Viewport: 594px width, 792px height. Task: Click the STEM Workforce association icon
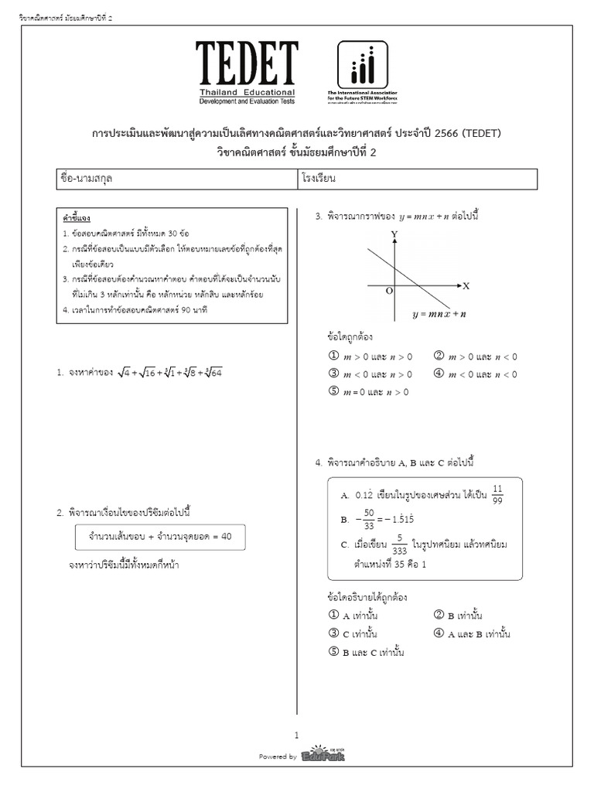363,65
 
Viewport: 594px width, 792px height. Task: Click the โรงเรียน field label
323,178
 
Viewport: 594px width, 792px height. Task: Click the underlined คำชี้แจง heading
77,218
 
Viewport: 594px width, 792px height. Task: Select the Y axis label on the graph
394,233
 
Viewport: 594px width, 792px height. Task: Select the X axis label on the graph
466,285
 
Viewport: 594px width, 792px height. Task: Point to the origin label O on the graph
389,291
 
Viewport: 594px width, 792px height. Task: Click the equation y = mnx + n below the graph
439,314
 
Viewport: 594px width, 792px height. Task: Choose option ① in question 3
334,357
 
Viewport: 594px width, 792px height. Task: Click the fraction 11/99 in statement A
497,493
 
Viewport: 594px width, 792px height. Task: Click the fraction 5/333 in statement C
399,544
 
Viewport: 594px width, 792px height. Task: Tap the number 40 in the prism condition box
226,536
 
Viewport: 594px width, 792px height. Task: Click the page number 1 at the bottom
296,736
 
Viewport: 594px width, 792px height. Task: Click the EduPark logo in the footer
323,755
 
